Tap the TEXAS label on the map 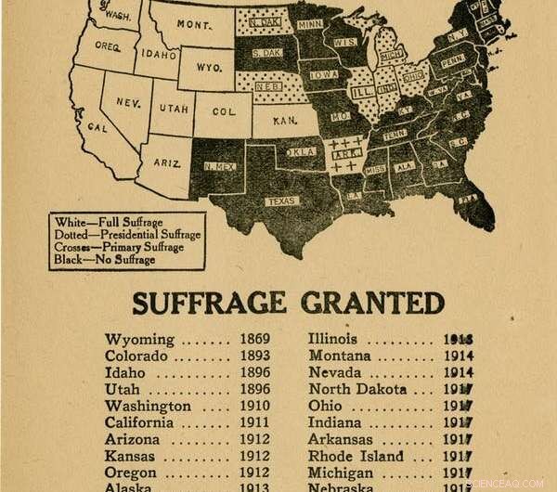pyautogui.click(x=279, y=201)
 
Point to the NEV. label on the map pyautogui.click(x=128, y=102)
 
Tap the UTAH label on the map pyautogui.click(x=174, y=109)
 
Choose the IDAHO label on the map pyautogui.click(x=160, y=55)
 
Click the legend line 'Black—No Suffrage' pyautogui.click(x=103, y=259)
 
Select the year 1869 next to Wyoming pyautogui.click(x=255, y=339)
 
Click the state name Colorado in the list pyautogui.click(x=136, y=356)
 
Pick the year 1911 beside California pyautogui.click(x=255, y=422)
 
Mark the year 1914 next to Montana pyautogui.click(x=458, y=356)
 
